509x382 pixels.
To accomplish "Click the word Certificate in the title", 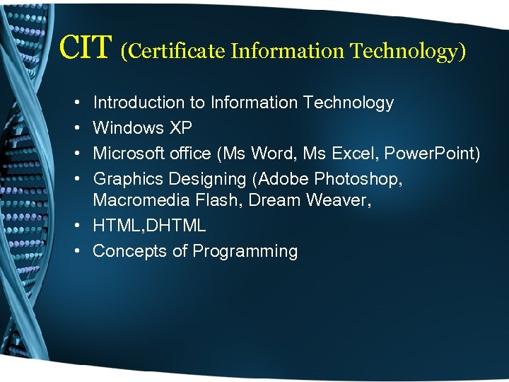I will click(173, 51).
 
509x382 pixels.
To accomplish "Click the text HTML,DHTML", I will click(149, 226).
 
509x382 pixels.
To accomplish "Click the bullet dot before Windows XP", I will click(76, 128).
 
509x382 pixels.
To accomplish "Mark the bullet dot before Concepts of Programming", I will click(76, 251).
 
